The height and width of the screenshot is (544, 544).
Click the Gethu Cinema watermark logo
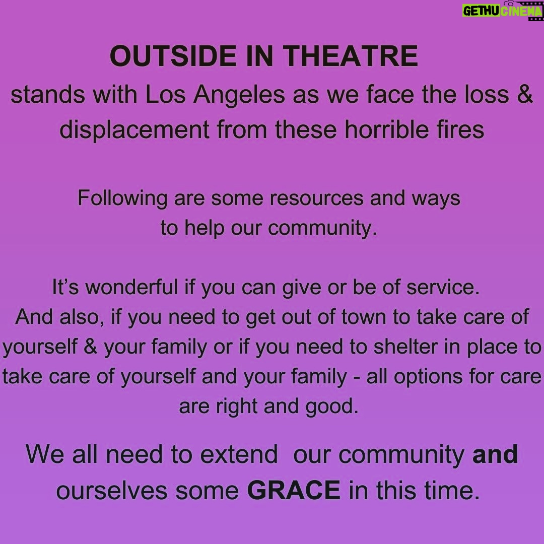pyautogui.click(x=502, y=11)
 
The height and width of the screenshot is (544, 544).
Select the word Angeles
pyautogui.click(x=239, y=94)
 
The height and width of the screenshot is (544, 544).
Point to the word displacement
pyautogui.click(x=134, y=130)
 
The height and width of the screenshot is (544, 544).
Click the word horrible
pyautogui.click(x=386, y=129)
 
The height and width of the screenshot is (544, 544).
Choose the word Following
pyautogui.click(x=122, y=198)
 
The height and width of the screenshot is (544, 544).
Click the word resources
pyautogui.click(x=316, y=198)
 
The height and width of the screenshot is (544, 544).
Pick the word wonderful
pyautogui.click(x=131, y=287)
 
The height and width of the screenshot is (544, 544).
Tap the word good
pyautogui.click(x=331, y=406)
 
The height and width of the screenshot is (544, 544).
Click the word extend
pyautogui.click(x=239, y=454)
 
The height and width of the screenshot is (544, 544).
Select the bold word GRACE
pyautogui.click(x=294, y=490)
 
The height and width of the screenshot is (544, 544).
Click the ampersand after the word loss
pyautogui.click(x=524, y=95)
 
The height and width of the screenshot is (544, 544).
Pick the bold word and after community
pyautogui.click(x=495, y=454)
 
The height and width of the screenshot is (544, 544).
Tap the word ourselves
pyautogui.click(x=112, y=491)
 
